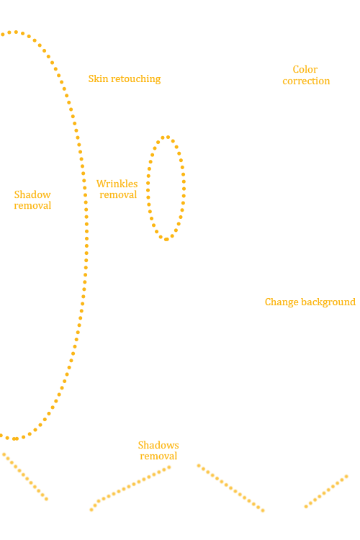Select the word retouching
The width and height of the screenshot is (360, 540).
tap(136, 79)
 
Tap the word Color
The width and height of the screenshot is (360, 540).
tap(305, 69)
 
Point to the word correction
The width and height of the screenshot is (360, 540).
tap(306, 81)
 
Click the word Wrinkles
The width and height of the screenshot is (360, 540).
tap(117, 184)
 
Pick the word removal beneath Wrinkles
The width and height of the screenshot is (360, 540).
tap(118, 195)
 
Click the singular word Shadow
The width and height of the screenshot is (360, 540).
tap(32, 194)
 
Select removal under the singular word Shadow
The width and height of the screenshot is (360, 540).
tap(32, 206)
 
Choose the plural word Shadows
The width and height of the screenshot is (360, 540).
tap(158, 445)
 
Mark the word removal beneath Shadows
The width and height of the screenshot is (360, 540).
tap(158, 456)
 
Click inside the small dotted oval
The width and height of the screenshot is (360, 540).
tap(166, 188)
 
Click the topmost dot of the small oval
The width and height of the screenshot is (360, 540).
tap(168, 137)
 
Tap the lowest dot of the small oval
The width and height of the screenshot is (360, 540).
tap(166, 239)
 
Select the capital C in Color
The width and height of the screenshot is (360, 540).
tap(296, 70)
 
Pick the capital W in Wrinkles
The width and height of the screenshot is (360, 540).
tap(102, 184)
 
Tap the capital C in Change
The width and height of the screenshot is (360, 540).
tap(268, 302)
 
